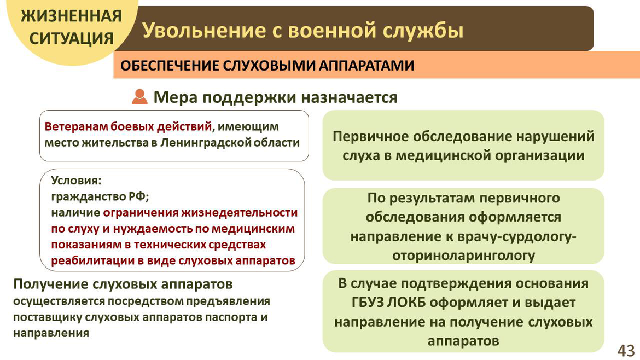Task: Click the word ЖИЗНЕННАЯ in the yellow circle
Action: tap(72, 16)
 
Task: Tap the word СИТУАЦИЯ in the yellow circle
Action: tap(72, 38)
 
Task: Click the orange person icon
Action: tap(139, 97)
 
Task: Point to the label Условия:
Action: tap(76, 180)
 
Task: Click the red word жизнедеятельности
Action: tap(239, 213)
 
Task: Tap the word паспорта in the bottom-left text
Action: tap(230, 317)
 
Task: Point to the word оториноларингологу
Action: tap(464, 256)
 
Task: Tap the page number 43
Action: tap(626, 350)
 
